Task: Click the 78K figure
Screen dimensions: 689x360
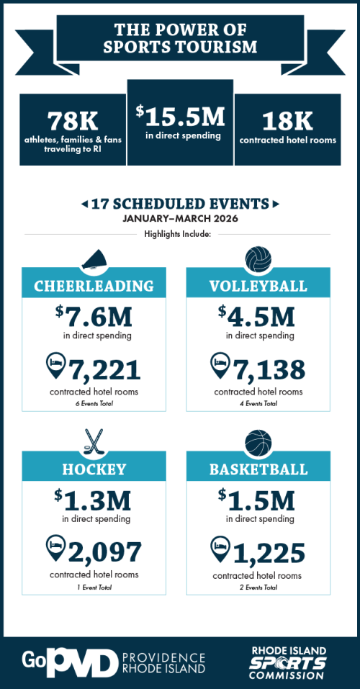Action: point(73,120)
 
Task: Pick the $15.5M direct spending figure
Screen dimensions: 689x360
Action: point(180,115)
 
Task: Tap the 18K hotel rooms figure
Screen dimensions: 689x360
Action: point(287,120)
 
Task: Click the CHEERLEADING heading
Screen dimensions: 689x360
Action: point(94,286)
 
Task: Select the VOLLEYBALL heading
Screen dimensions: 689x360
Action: point(258,286)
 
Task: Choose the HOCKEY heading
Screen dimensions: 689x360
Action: point(94,469)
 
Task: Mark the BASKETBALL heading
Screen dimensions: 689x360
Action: point(258,469)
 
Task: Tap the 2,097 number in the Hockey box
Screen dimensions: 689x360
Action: point(104,552)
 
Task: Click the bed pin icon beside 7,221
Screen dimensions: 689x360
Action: point(56,366)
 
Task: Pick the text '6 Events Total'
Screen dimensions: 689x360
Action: point(94,404)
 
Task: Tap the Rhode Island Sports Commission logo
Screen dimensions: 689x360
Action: point(287,662)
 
